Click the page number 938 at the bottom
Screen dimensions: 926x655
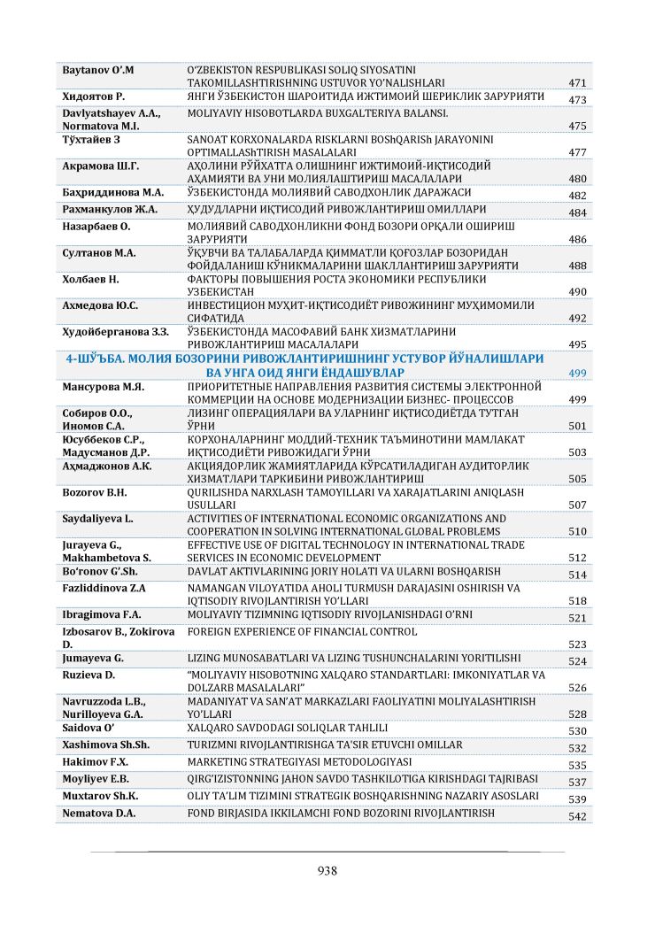tap(327, 870)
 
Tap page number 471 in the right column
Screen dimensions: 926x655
tap(577, 83)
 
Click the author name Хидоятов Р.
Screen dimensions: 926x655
tap(92, 95)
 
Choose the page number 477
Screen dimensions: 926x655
tap(577, 152)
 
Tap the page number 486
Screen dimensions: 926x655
tap(577, 239)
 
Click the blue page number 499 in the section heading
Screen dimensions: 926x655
tap(577, 374)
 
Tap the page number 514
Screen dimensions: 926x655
tap(577, 575)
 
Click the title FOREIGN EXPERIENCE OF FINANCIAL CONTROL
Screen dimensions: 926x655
tap(302, 632)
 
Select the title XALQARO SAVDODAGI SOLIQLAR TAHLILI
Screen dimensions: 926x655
tap(288, 728)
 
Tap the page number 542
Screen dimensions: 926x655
tap(577, 816)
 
